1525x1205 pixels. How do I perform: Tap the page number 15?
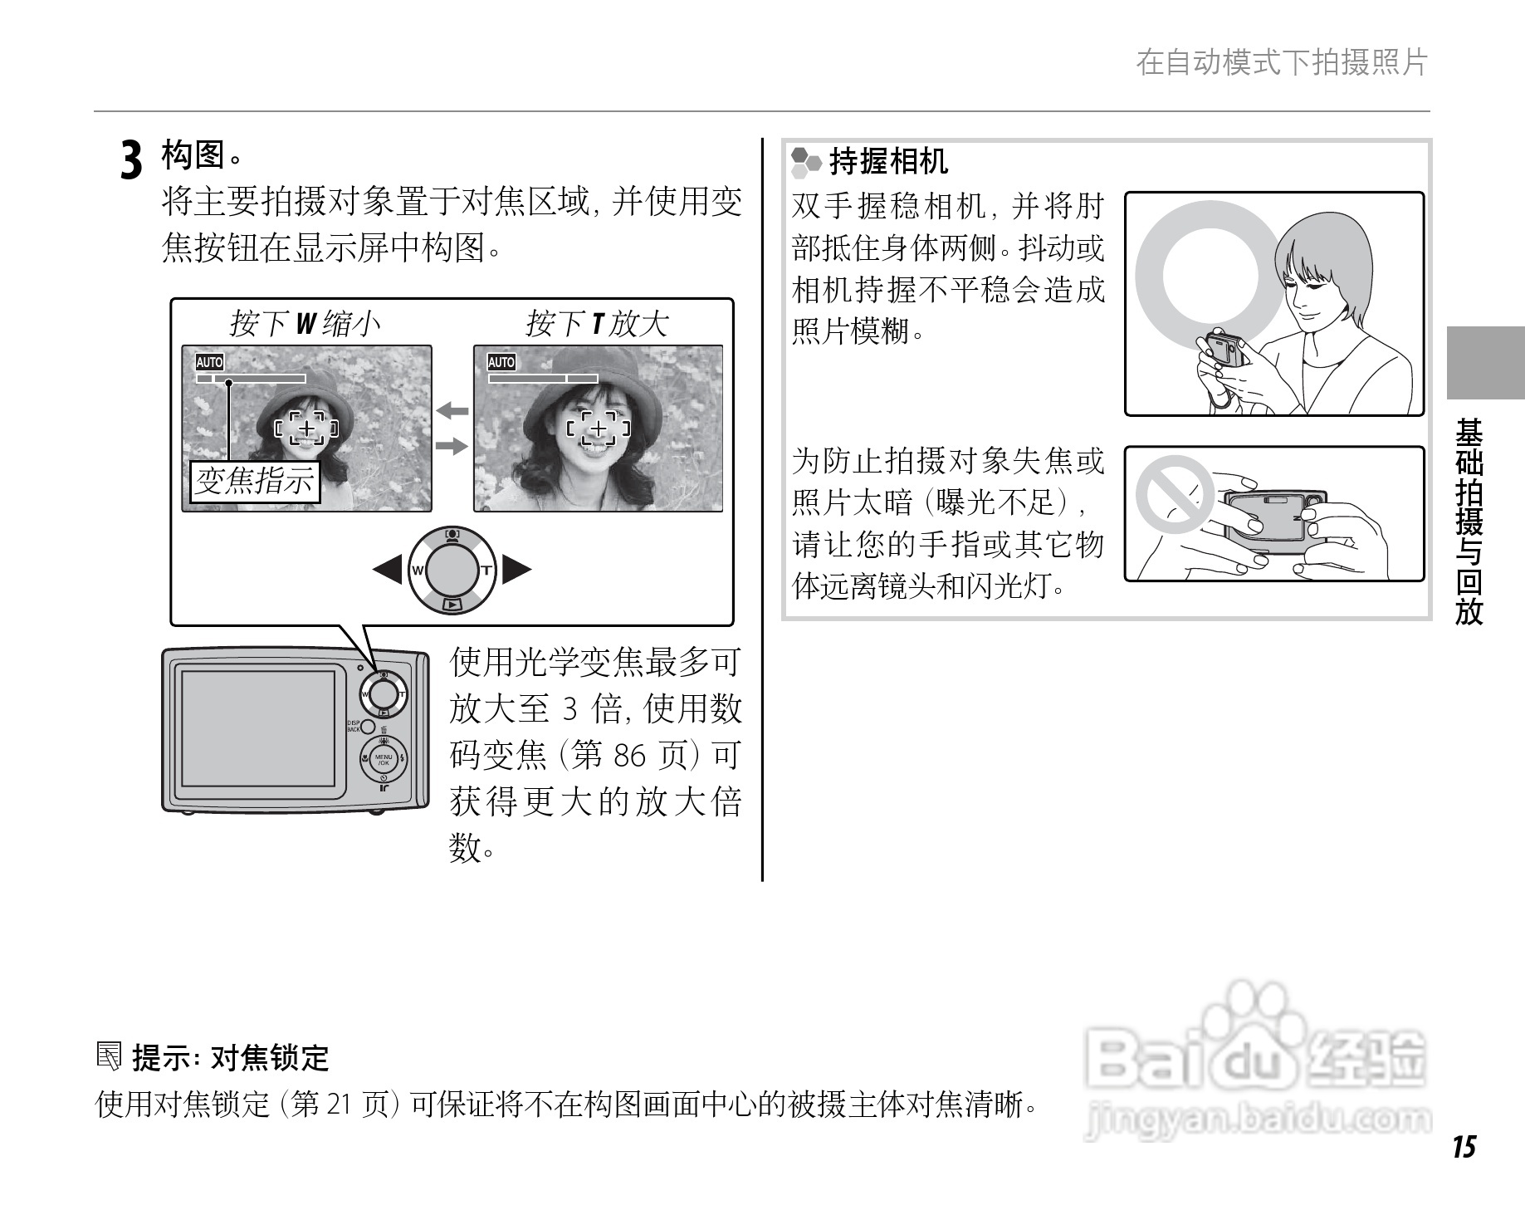click(1464, 1147)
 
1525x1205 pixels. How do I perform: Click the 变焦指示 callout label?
click(255, 481)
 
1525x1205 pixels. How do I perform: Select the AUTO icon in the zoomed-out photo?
click(210, 362)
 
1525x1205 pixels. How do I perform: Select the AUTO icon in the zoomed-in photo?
click(501, 362)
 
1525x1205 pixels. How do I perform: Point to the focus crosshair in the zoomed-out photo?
click(307, 429)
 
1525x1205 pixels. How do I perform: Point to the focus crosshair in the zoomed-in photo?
click(599, 429)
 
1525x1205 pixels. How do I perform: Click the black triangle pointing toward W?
click(387, 570)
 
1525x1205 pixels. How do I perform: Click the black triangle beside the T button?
click(516, 570)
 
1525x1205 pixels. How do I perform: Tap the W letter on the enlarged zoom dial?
click(418, 571)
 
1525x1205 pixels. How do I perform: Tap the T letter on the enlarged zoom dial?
click(486, 571)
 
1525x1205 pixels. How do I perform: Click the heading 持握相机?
click(888, 161)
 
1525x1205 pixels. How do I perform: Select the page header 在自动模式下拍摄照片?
click(1282, 63)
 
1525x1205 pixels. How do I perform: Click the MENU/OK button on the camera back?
click(384, 758)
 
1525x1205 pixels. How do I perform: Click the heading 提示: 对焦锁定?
click(230, 1058)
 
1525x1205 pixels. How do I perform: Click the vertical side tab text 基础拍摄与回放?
click(1469, 521)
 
